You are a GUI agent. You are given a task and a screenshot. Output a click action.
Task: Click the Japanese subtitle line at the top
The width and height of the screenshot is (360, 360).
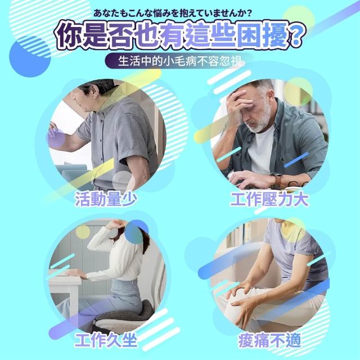pos(173,13)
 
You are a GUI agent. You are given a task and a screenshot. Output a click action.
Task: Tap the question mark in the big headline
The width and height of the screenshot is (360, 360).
pos(296,36)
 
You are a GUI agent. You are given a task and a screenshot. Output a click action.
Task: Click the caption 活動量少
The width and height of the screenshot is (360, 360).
pos(106,199)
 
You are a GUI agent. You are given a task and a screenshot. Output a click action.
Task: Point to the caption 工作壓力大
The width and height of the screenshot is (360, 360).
pos(269,199)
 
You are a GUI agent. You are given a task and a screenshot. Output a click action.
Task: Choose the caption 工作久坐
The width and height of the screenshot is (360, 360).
pos(106,340)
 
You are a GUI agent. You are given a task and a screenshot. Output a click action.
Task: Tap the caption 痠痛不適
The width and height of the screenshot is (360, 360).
pos(269,341)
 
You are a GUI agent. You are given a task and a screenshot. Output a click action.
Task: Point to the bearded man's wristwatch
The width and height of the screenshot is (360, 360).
pos(277,180)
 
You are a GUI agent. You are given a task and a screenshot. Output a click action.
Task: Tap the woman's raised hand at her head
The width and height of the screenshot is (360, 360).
pos(114,223)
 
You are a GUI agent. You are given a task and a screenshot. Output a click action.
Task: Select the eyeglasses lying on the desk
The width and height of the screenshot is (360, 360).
pos(299,184)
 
